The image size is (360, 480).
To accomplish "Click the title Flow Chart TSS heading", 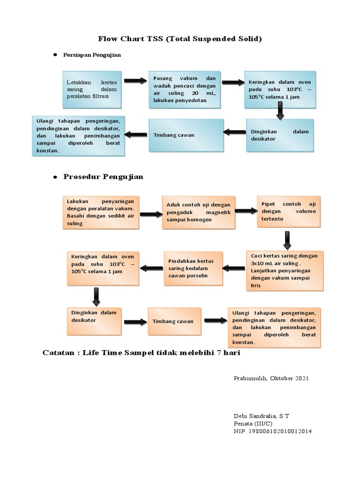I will (x=180, y=39).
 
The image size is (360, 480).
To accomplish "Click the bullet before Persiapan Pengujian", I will (x=54, y=55).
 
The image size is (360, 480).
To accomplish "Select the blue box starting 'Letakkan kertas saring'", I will (x=92, y=89).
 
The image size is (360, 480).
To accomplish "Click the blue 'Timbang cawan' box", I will (x=186, y=135).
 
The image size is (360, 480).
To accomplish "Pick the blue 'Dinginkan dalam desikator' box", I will (x=280, y=135).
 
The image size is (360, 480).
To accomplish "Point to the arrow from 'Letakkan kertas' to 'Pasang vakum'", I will (x=135, y=82).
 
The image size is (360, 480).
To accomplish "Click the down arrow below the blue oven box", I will (x=280, y=110).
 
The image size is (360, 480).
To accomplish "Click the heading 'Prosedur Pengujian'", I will (x=103, y=177).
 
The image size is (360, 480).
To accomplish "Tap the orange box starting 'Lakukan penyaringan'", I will (x=101, y=212).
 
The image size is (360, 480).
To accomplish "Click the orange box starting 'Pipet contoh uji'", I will (x=288, y=211).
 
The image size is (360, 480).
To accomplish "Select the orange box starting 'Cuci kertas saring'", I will (x=284, y=270).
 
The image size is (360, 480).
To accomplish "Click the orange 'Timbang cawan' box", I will (x=174, y=321).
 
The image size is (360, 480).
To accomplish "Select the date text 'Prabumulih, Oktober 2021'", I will (x=271, y=378).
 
